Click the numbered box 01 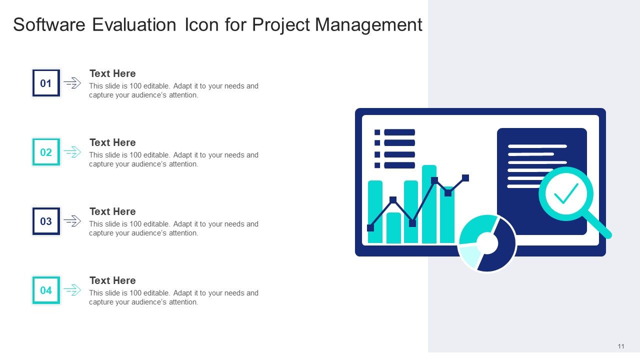[x=46, y=83]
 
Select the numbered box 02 [x=46, y=152]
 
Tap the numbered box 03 [x=46, y=221]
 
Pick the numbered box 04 [x=46, y=290]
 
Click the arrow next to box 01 [x=72, y=83]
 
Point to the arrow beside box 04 [x=72, y=290]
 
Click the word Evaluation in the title [x=133, y=24]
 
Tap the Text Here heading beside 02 [x=112, y=142]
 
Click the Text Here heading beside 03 [x=112, y=211]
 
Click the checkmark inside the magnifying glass [x=566, y=193]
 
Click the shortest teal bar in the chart [x=393, y=228]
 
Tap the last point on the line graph [x=465, y=178]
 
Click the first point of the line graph [x=370, y=228]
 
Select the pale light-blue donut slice [x=469, y=255]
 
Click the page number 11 [x=621, y=346]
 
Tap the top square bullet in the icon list [x=377, y=132]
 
